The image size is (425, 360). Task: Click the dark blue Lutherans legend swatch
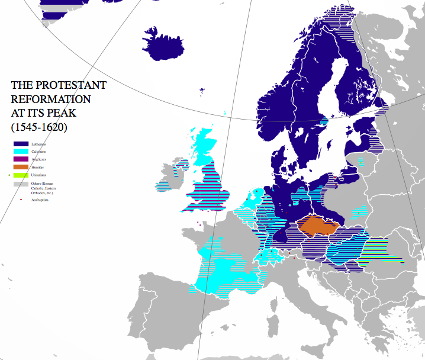click(x=21, y=144)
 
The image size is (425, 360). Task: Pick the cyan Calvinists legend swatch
click(x=21, y=152)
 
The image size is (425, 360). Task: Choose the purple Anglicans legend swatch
click(x=21, y=159)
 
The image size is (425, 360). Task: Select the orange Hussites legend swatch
click(x=21, y=167)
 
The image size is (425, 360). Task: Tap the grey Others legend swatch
click(x=21, y=185)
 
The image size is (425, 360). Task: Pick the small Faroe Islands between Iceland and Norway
click(x=203, y=92)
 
